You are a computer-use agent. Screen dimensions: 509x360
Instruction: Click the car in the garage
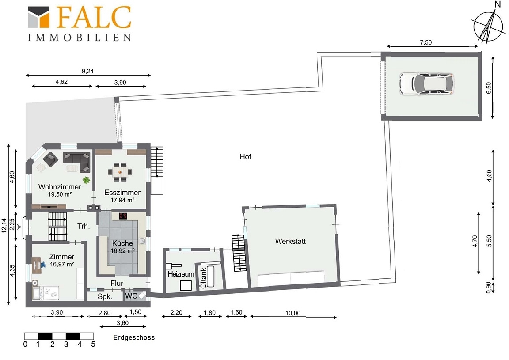click(x=426, y=84)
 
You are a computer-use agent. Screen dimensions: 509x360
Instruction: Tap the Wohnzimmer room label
click(x=60, y=187)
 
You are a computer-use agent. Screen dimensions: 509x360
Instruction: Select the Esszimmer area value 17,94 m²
click(x=122, y=200)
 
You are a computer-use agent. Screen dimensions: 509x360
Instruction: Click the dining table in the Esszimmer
click(x=120, y=171)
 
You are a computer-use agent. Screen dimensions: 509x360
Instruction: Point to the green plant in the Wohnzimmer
click(x=86, y=179)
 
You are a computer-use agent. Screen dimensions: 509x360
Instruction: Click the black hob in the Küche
click(x=123, y=216)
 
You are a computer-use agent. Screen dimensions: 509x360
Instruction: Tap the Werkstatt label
click(x=290, y=241)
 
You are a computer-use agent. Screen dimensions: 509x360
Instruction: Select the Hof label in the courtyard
click(x=245, y=156)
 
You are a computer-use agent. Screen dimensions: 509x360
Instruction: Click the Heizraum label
click(x=181, y=274)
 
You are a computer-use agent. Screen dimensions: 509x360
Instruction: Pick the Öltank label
click(x=203, y=278)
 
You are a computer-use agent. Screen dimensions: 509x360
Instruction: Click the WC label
click(x=131, y=296)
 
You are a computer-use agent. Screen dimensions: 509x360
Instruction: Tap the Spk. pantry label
click(x=105, y=296)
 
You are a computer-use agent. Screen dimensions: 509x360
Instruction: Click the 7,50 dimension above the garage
click(x=425, y=42)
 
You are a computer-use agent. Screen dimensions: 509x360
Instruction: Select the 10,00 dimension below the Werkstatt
click(x=293, y=313)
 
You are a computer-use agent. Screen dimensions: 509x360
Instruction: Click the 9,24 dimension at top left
click(x=87, y=71)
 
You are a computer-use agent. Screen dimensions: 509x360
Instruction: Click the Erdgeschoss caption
click(x=134, y=337)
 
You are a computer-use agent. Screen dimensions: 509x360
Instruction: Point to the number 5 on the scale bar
click(x=93, y=344)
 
